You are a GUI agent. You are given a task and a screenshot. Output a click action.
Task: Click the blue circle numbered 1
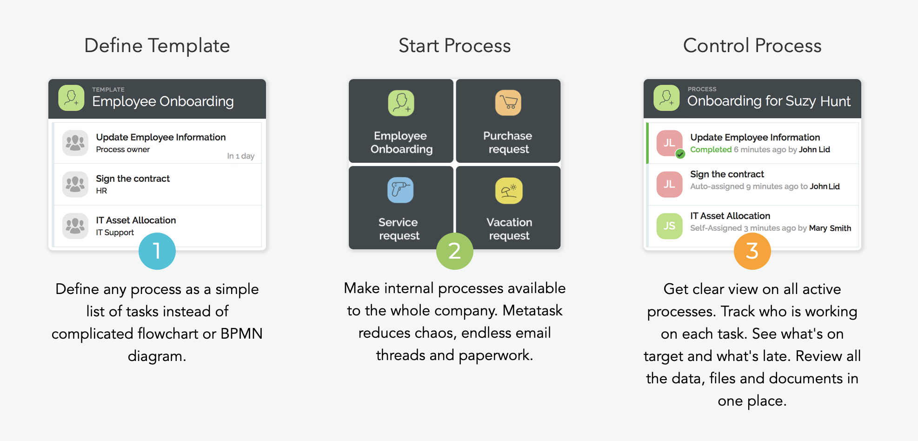[x=157, y=251]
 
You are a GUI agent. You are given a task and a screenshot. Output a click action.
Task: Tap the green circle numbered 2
[x=454, y=251]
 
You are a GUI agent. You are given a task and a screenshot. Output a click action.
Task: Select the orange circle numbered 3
[x=752, y=251]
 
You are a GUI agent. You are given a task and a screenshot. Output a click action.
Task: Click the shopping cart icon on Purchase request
[x=508, y=103]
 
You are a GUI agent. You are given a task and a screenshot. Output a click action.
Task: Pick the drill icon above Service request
[x=400, y=190]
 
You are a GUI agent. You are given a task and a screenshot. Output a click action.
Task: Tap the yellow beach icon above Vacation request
[x=509, y=191]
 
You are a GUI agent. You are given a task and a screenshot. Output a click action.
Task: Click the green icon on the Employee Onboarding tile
[x=401, y=103]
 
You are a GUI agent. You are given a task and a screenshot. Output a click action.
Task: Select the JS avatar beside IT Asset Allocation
[x=669, y=226]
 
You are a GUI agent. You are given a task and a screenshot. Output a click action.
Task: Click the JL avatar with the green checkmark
[x=669, y=143]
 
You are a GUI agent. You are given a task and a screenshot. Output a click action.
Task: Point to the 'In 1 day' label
[x=240, y=156]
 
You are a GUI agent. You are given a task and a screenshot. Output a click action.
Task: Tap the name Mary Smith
[x=830, y=228]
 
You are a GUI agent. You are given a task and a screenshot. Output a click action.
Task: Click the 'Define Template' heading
[x=157, y=46]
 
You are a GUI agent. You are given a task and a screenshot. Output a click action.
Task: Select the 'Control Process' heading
[x=752, y=46]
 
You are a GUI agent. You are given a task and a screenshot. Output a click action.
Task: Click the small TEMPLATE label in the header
[x=108, y=89]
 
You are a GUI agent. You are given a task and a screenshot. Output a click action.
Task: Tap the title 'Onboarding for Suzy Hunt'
[x=769, y=101]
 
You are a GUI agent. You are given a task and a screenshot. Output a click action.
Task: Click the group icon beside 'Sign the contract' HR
[x=75, y=184]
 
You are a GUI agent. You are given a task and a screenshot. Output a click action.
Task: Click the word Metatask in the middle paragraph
[x=532, y=310]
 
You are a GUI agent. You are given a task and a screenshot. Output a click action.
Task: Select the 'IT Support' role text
[x=115, y=232]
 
